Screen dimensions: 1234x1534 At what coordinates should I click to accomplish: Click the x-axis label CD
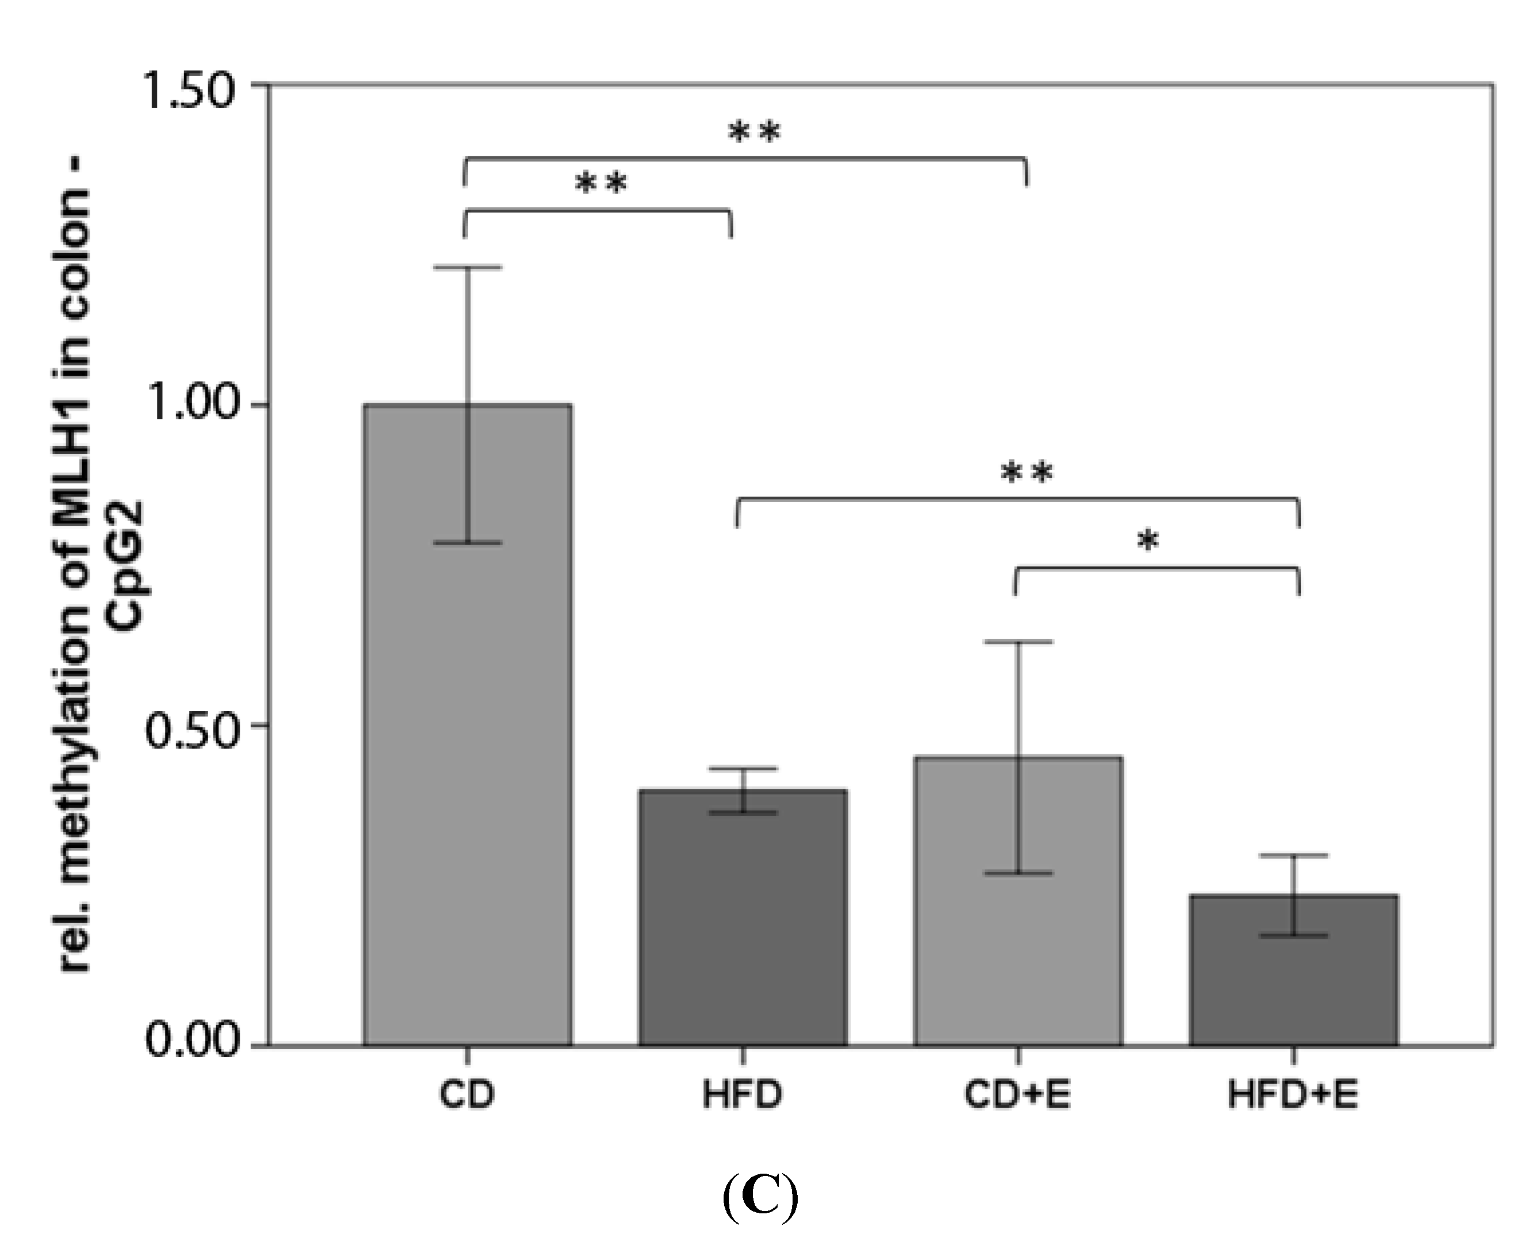[467, 1096]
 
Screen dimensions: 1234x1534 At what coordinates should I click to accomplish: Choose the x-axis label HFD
[743, 1096]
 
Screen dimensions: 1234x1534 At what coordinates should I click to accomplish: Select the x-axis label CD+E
[1017, 1096]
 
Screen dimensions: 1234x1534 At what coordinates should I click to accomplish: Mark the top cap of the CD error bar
[467, 268]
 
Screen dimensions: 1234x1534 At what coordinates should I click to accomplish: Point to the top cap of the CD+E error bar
[1018, 642]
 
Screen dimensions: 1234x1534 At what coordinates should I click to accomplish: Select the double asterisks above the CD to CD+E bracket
[754, 132]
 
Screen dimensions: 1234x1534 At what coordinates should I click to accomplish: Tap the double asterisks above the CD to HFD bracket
[601, 183]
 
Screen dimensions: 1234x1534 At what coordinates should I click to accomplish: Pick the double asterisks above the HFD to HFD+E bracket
[1026, 472]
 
